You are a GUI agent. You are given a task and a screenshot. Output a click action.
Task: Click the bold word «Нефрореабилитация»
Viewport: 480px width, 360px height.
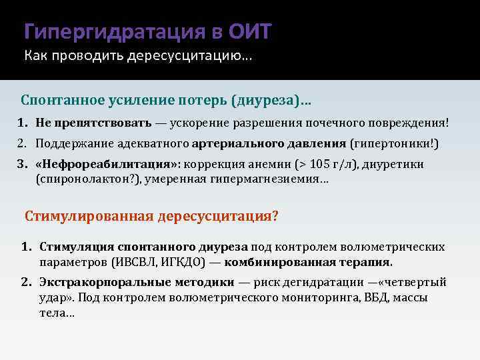point(109,164)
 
